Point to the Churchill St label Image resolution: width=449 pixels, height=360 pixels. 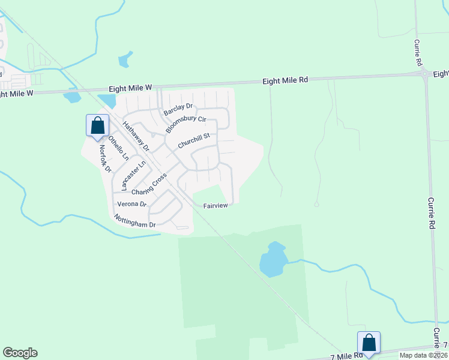coord(194,141)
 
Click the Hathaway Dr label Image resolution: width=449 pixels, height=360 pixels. coord(135,137)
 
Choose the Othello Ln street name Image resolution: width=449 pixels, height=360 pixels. coord(118,147)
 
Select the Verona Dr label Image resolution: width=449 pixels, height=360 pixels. coord(132,204)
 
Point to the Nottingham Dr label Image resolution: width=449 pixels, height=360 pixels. coord(135,221)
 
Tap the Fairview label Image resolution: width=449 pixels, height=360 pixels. coord(215,205)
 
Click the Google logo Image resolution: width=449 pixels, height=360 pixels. coord(20,353)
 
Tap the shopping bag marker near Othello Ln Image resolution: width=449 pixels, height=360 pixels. coord(97,127)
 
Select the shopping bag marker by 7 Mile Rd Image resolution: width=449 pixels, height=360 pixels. coord(369,344)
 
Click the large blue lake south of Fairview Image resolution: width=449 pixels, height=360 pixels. coord(273,261)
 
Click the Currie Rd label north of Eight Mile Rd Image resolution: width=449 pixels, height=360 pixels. coord(417,53)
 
